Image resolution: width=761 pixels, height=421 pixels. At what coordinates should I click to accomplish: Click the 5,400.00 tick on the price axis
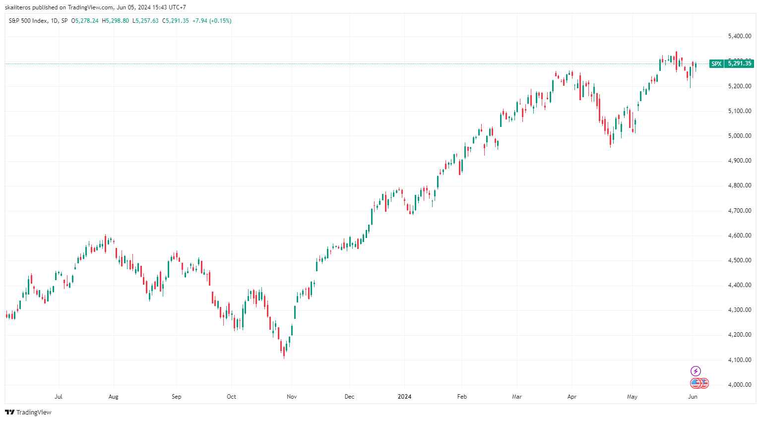[739, 36]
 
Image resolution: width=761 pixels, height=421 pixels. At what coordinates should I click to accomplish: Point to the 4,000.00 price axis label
[739, 385]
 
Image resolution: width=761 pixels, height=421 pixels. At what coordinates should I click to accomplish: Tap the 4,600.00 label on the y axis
[739, 236]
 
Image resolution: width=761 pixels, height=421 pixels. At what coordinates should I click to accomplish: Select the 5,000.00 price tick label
[739, 136]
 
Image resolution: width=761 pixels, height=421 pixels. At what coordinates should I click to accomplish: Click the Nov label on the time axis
[292, 397]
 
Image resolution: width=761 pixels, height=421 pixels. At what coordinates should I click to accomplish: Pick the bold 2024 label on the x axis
[405, 397]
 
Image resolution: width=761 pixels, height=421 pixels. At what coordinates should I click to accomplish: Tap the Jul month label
[59, 397]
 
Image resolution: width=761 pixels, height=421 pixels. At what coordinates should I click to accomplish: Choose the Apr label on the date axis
[572, 397]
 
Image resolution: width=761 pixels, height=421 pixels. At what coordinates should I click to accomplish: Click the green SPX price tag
[716, 63]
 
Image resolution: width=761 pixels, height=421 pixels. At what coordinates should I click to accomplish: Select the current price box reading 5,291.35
[740, 63]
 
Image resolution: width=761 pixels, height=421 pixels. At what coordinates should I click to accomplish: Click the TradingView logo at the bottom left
[28, 413]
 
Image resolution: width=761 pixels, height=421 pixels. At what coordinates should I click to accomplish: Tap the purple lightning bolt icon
[696, 371]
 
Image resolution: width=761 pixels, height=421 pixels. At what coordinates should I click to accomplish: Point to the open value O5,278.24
[85, 21]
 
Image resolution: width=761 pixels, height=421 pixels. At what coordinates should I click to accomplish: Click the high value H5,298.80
[115, 21]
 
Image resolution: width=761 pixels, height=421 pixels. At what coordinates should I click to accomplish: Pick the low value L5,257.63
[145, 21]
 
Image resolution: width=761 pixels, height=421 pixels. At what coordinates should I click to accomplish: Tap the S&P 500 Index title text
[28, 21]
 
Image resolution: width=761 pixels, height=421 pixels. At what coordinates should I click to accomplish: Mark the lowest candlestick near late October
[284, 353]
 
